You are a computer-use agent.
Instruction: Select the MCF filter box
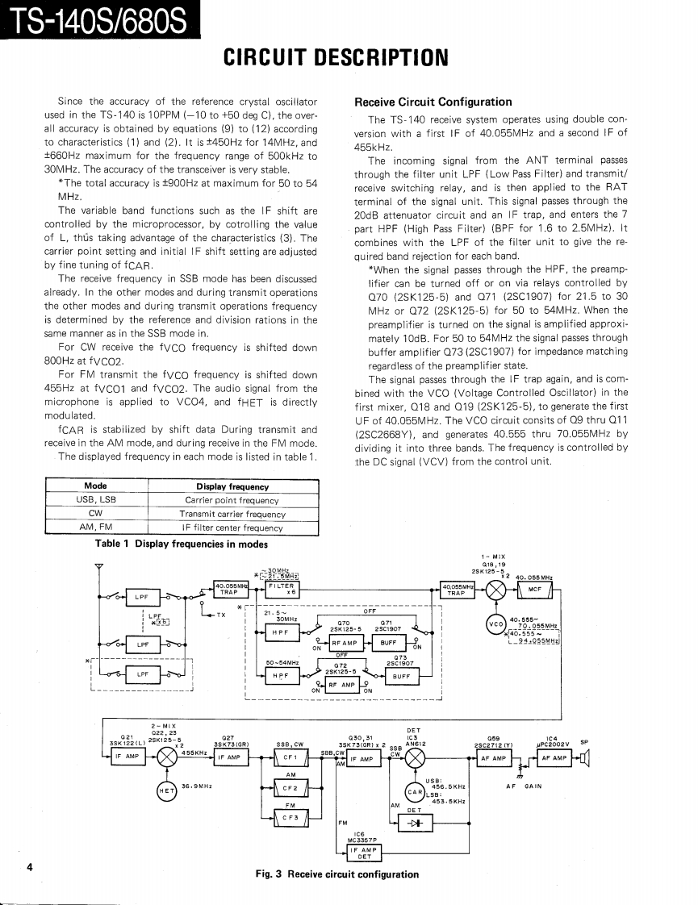[533, 589]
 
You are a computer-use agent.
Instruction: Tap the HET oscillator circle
[167, 790]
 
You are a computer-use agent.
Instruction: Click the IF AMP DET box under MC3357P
[359, 853]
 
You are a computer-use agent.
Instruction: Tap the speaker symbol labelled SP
[583, 758]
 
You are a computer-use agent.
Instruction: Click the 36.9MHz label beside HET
[197, 785]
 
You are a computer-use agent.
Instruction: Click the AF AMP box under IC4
[554, 758]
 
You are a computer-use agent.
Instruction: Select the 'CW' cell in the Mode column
[95, 514]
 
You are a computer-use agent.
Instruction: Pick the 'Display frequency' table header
[232, 486]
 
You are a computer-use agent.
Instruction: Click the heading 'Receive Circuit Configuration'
[433, 102]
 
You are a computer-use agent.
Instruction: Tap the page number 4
[30, 868]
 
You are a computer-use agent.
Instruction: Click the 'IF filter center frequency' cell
[232, 528]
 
